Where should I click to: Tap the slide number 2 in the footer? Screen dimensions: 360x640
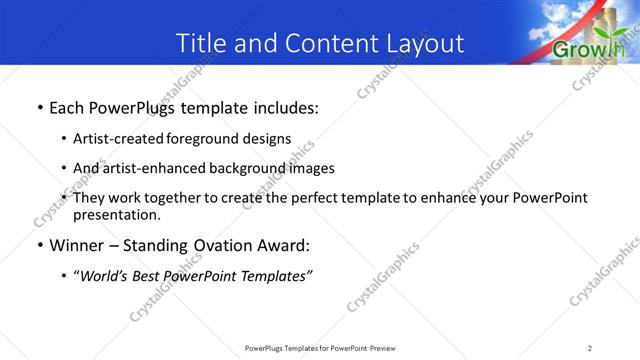[590, 348]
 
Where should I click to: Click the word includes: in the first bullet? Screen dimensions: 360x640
[282, 107]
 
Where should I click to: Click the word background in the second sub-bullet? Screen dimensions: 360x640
[244, 168]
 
